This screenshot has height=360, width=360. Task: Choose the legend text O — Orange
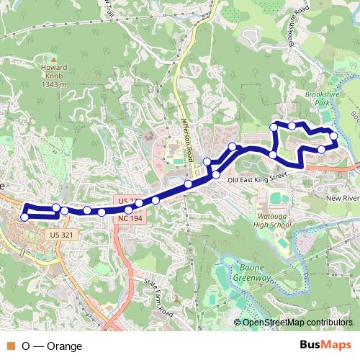[52, 346]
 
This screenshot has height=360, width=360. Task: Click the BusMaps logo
[325, 345]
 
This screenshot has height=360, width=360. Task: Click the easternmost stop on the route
[334, 135]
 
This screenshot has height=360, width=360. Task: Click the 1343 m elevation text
[53, 84]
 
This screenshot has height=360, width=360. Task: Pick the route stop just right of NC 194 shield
[138, 204]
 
